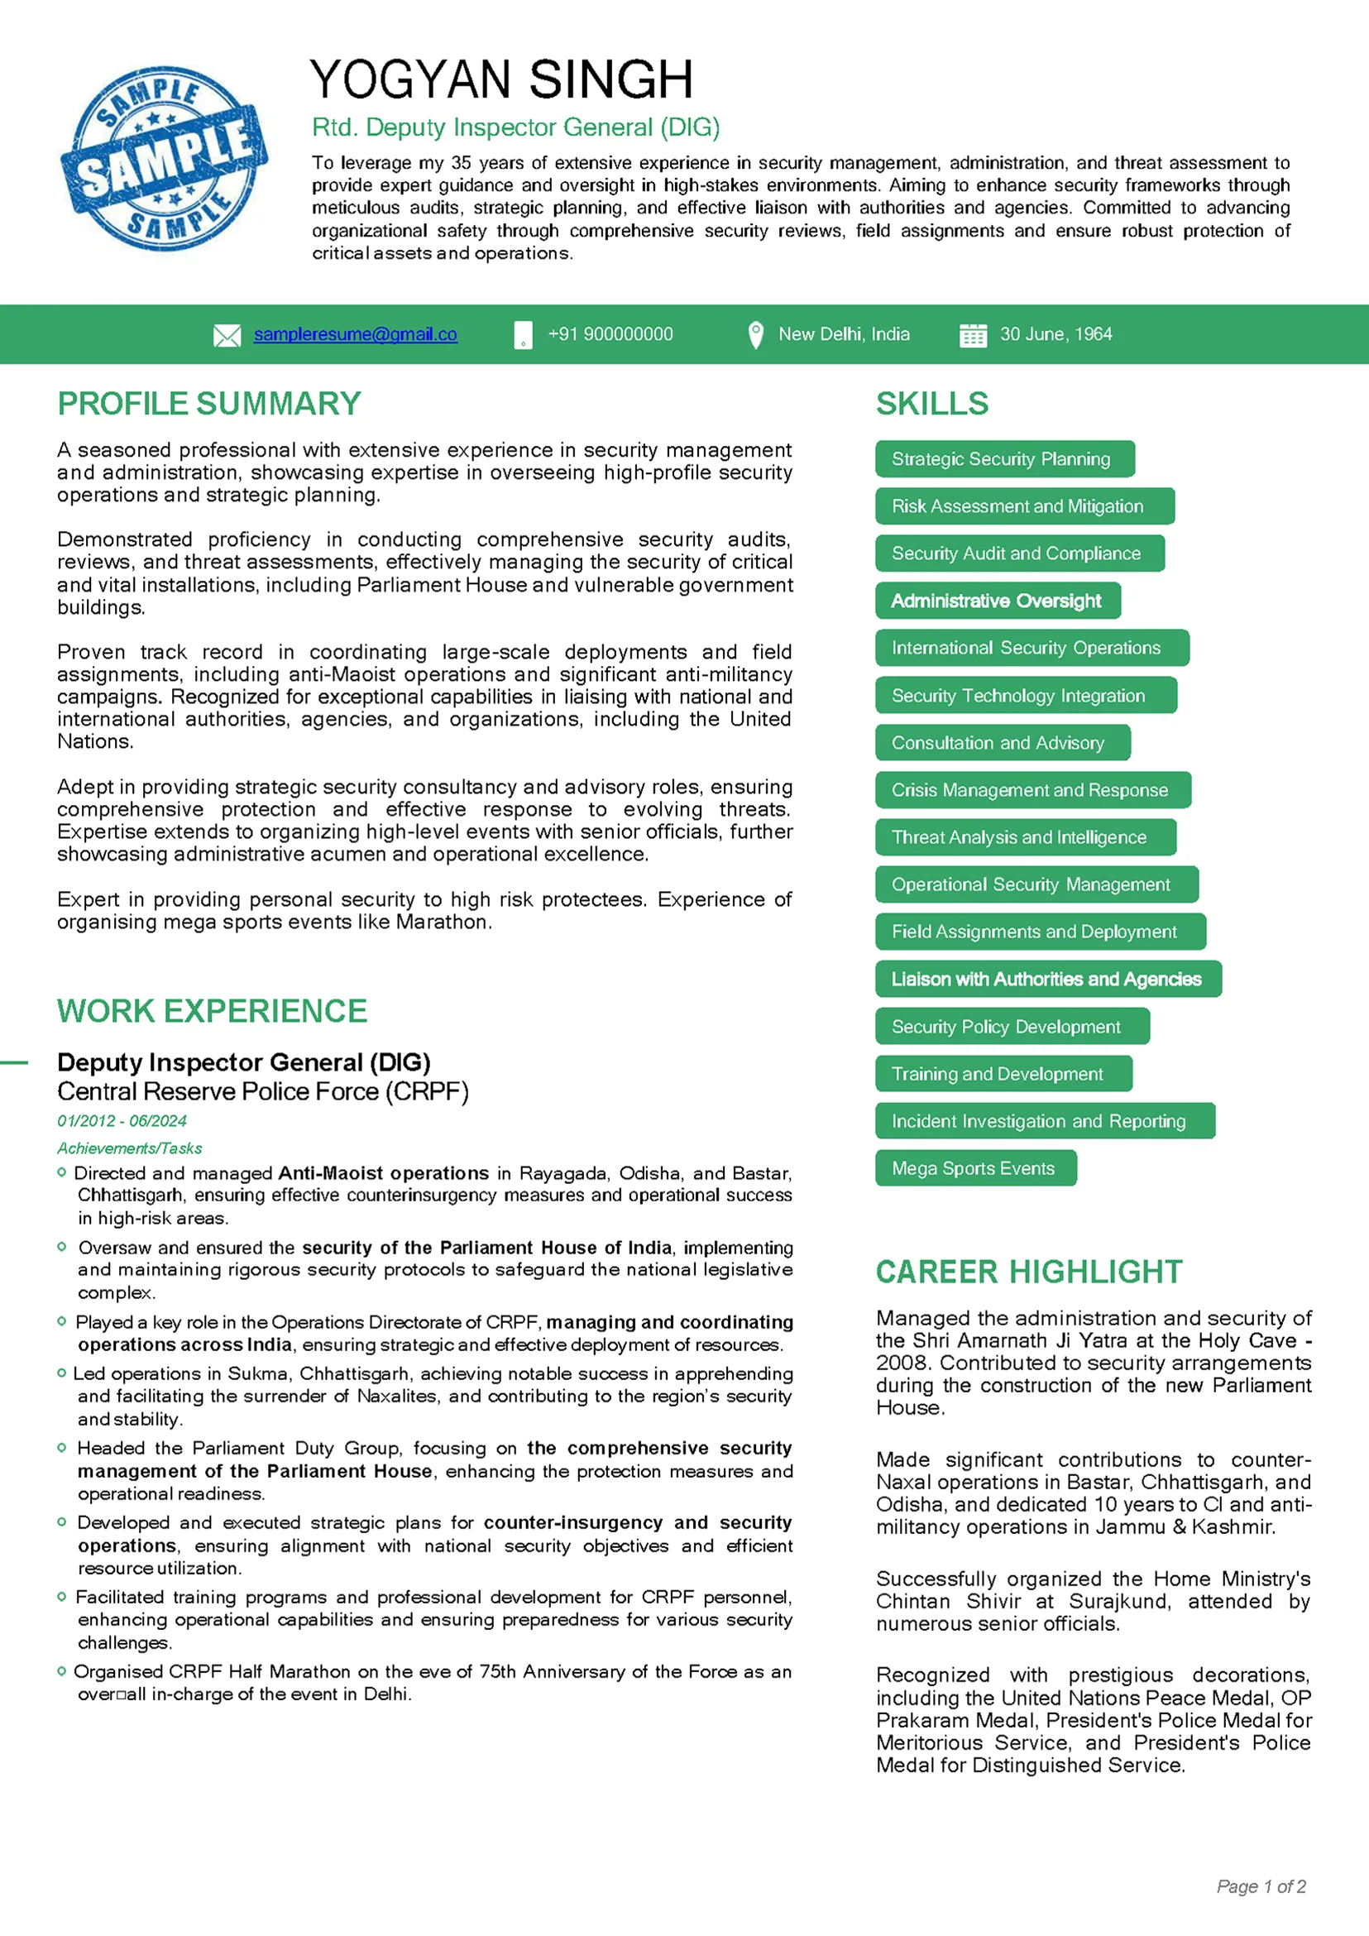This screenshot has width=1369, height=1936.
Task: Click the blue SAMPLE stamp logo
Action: [164, 160]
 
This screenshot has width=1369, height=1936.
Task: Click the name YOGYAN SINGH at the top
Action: [500, 80]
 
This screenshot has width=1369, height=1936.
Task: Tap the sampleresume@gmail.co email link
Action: [355, 335]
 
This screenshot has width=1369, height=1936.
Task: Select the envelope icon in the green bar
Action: [227, 336]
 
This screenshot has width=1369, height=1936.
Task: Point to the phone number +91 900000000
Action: [610, 335]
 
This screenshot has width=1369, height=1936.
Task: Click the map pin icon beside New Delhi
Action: [755, 335]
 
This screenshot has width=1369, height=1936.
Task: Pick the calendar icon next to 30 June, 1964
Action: [973, 336]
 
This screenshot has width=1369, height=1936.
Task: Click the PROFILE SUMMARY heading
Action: [209, 404]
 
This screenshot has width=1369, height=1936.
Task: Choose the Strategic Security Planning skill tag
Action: [1004, 458]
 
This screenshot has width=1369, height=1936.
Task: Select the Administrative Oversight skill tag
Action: [998, 601]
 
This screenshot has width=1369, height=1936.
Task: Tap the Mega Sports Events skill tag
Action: [975, 1168]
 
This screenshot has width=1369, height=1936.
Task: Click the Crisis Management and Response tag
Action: [1032, 790]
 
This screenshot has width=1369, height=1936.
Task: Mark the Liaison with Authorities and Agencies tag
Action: [1047, 979]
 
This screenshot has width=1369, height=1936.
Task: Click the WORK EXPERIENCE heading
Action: [213, 1011]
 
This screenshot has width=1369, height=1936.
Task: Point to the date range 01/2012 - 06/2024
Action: [122, 1120]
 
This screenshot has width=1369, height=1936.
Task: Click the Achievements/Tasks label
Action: [130, 1148]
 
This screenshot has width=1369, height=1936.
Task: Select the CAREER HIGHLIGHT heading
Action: [1028, 1272]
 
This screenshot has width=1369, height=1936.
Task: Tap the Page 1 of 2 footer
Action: [1261, 1886]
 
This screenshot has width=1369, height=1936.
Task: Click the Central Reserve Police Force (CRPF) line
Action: [263, 1092]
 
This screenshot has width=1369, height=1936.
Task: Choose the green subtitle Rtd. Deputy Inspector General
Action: [516, 127]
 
